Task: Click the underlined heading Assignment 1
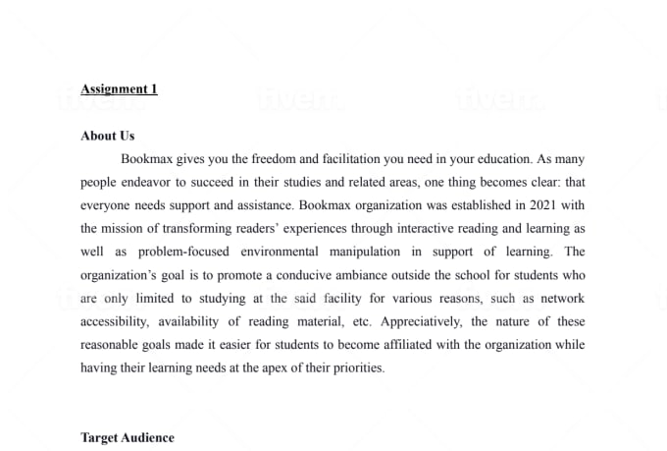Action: pos(119,89)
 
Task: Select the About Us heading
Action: pos(108,136)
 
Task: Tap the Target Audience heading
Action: pos(128,437)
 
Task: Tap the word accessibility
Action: pos(115,322)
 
